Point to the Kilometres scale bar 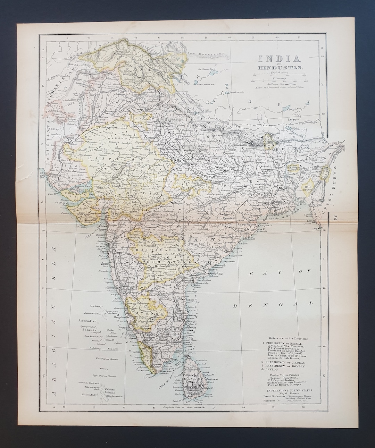coord(277,81)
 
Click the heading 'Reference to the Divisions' coord(287,338)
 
